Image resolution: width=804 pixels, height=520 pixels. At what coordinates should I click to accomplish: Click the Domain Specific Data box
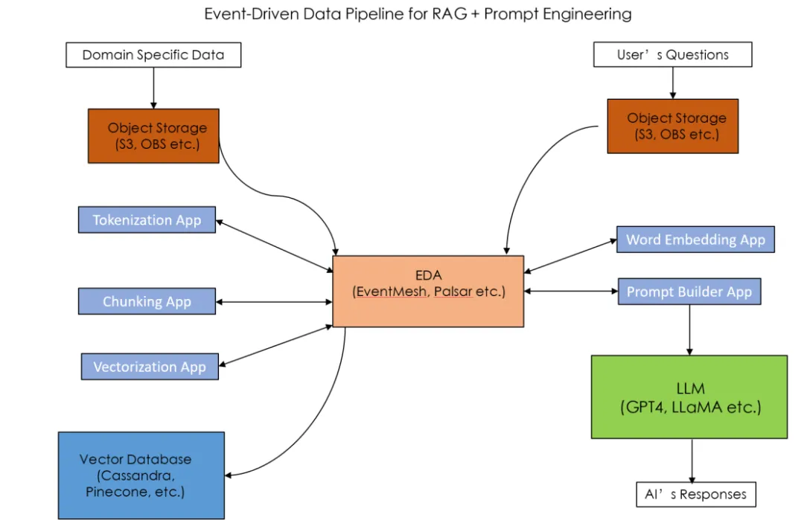coord(153,54)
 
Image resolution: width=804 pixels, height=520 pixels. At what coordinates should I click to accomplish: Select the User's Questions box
coord(672,54)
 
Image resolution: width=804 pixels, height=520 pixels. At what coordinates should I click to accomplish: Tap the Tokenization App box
coord(147,220)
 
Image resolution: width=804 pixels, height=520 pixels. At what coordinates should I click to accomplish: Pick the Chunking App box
coord(147,301)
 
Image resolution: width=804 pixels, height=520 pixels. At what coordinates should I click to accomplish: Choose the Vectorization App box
coord(150,367)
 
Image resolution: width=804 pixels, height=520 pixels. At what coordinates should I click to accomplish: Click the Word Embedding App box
coord(695,240)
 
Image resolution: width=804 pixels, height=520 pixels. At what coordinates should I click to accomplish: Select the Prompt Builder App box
coord(689,292)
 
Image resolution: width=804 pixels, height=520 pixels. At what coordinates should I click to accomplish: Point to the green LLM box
coord(689,397)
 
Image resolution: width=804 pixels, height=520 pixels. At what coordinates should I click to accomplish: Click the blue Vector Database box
coord(141,475)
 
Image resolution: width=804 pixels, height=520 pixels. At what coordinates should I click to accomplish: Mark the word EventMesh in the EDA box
coord(392,292)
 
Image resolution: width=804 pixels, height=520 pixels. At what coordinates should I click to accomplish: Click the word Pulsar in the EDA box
coord(453,292)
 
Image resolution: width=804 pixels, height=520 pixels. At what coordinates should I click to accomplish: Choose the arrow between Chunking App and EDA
coord(274,301)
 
